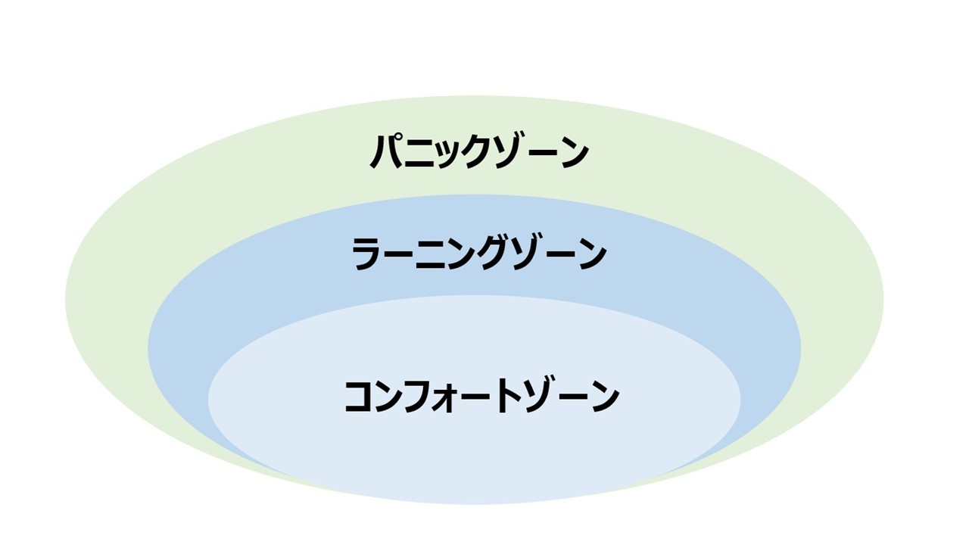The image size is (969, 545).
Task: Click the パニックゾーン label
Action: (479, 151)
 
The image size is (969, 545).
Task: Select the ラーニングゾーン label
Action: (479, 254)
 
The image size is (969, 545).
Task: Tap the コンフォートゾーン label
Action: (482, 397)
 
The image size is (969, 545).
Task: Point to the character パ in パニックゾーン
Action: (388, 151)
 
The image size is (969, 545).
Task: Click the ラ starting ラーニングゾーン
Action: (367, 254)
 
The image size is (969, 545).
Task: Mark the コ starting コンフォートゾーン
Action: (360, 397)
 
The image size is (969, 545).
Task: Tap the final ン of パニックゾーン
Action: (573, 153)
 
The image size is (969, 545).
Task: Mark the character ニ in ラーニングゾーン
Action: (431, 255)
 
